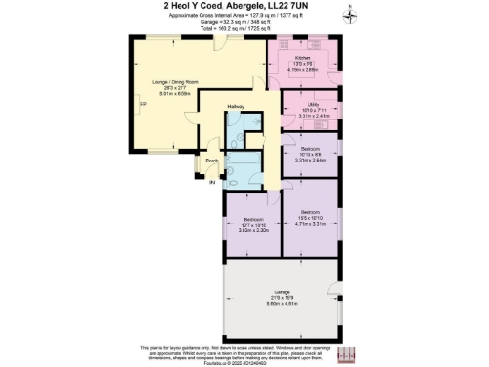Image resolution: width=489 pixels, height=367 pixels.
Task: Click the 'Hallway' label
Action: click(x=237, y=106)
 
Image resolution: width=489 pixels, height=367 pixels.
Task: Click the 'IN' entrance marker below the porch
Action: click(x=200, y=182)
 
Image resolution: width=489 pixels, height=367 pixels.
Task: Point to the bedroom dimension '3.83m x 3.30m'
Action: click(x=250, y=230)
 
